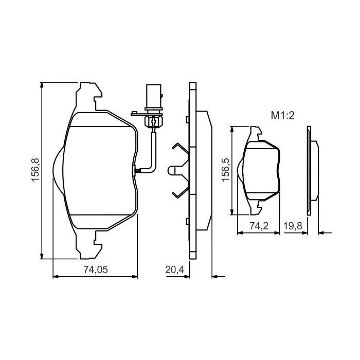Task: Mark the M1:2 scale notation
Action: [282, 116]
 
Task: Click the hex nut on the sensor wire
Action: [153, 121]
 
